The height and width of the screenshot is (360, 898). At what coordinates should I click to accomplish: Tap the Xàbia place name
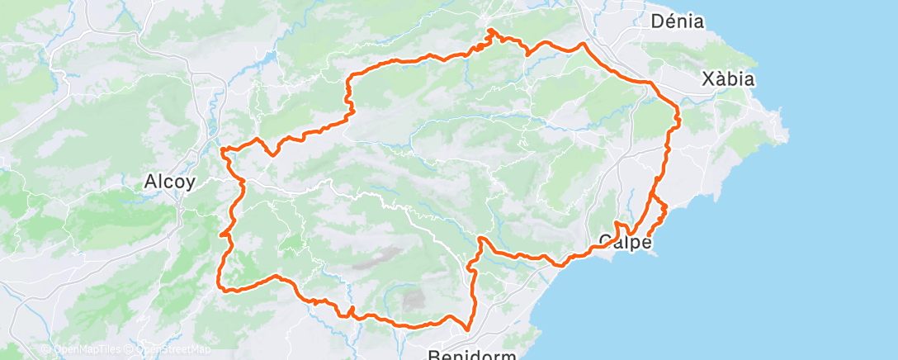pos(728,80)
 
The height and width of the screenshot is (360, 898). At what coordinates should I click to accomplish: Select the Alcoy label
pos(169,182)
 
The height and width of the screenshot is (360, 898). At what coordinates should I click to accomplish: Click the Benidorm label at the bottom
pos(473,355)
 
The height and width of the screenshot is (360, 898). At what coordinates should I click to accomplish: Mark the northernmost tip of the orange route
pos(490,31)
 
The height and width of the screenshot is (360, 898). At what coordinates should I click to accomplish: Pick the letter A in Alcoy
pos(150,182)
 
